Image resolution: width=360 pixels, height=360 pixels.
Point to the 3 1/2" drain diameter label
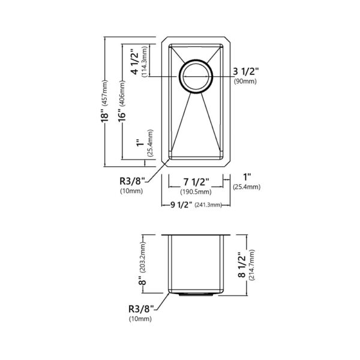click(246, 72)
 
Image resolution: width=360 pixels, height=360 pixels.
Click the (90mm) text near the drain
click(246, 82)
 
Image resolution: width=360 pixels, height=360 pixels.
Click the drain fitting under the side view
click(195, 295)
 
